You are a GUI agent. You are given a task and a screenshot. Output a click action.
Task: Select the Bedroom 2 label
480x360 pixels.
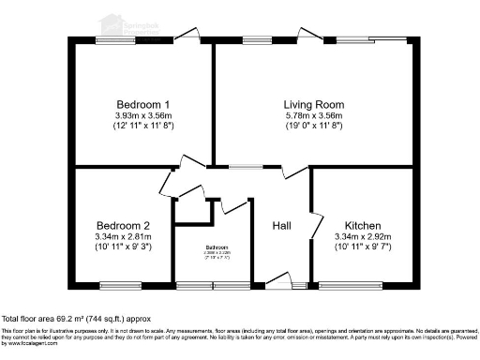[123, 226]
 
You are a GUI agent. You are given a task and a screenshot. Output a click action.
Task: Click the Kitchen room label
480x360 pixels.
[361, 226]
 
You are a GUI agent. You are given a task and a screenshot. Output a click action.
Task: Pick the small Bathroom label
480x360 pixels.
[217, 247]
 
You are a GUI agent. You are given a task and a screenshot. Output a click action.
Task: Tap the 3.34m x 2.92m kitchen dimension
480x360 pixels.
[361, 237]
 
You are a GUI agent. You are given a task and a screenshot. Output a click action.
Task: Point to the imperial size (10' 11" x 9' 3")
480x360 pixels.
[123, 248]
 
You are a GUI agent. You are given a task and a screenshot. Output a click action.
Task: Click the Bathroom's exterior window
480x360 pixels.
[212, 284]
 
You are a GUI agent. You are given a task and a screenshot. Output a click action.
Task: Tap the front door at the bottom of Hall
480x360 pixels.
[277, 279]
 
